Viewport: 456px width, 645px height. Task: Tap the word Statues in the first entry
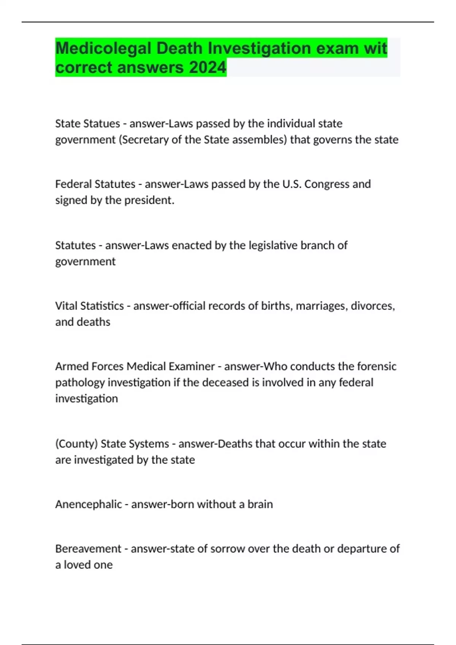pos(102,123)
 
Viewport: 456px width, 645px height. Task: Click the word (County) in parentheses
pos(76,444)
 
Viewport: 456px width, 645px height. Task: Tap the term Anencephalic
pos(89,504)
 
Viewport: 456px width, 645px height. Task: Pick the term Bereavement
pos(88,549)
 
